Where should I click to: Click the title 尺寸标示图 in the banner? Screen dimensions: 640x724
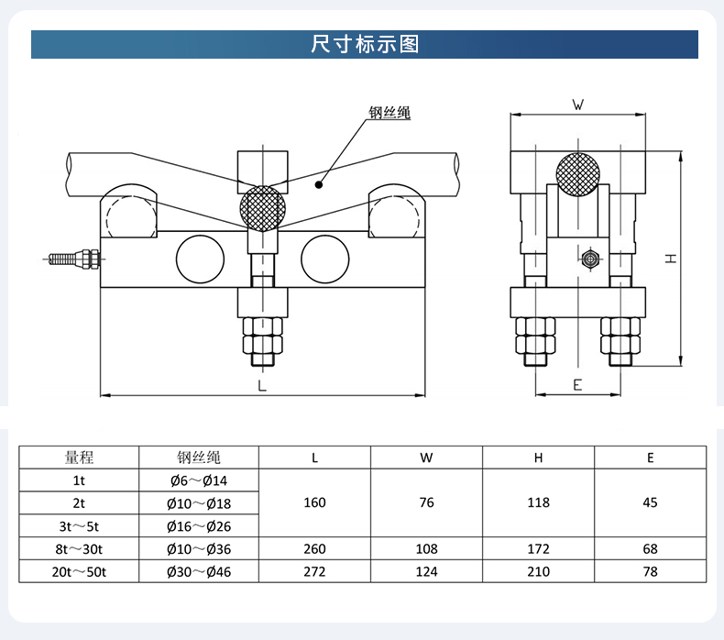point(364,44)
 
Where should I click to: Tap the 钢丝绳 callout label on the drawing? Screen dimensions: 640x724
point(389,114)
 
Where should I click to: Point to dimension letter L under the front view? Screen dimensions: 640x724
point(262,386)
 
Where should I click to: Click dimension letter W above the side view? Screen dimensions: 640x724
point(578,105)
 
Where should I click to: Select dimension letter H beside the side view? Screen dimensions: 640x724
point(672,259)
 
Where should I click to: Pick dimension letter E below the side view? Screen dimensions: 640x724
point(577,385)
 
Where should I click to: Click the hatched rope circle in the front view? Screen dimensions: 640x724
point(262,207)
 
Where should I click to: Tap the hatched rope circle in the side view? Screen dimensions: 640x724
point(578,173)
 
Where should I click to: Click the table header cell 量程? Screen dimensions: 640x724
point(80,457)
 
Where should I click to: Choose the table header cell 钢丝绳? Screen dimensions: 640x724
point(199,457)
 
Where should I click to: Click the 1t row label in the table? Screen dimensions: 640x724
point(80,480)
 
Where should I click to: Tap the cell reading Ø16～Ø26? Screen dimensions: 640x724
point(199,525)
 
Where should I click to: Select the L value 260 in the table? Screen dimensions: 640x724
point(315,548)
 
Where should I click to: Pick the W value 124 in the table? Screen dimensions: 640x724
point(427,571)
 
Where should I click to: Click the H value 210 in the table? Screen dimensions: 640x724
point(539,571)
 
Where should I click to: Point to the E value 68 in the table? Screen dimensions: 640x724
point(650,548)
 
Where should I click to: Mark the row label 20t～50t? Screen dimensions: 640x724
point(80,571)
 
